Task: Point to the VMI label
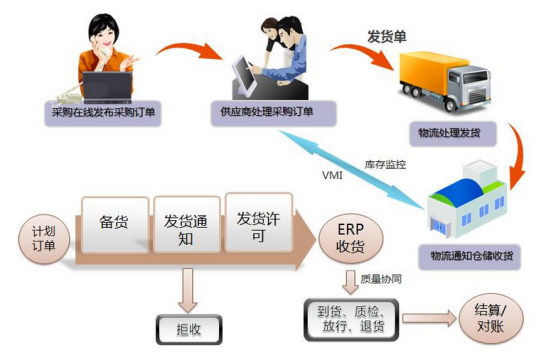click(x=332, y=177)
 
